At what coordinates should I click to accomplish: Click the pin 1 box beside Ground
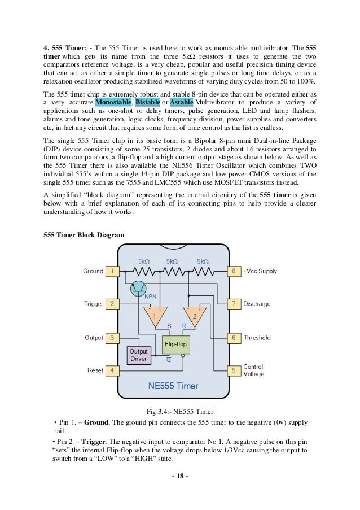pyautogui.click(x=112, y=271)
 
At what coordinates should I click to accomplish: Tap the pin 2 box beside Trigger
pyautogui.click(x=112, y=304)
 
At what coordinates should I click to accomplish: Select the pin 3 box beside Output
pyautogui.click(x=112, y=338)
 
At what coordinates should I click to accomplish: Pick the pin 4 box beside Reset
pyautogui.click(x=112, y=370)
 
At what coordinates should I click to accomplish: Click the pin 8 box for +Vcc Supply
pyautogui.click(x=234, y=271)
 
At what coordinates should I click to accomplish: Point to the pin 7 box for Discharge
pyautogui.click(x=234, y=304)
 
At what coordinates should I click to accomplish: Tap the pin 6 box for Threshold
pyautogui.click(x=234, y=338)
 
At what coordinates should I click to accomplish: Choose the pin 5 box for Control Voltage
pyautogui.click(x=234, y=370)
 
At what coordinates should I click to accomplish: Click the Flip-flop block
pyautogui.click(x=174, y=344)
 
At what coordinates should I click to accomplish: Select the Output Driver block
pyautogui.click(x=138, y=355)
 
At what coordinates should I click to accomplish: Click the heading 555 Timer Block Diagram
pyautogui.click(x=84, y=234)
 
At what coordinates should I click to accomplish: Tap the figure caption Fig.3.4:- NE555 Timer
pyautogui.click(x=179, y=410)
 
